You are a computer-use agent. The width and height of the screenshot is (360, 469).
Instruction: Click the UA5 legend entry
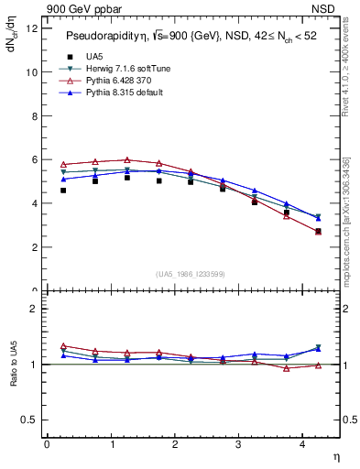(x=93, y=56)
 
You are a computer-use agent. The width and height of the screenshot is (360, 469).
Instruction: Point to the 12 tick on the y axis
(x=31, y=27)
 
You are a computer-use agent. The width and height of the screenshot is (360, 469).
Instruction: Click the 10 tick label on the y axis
(x=31, y=71)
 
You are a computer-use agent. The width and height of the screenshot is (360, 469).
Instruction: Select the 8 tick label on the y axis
(x=34, y=115)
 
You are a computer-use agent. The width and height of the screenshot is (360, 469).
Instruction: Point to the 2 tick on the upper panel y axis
(x=34, y=247)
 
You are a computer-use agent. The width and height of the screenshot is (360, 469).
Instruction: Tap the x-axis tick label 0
(x=47, y=444)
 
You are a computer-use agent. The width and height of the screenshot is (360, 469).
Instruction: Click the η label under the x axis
(x=335, y=457)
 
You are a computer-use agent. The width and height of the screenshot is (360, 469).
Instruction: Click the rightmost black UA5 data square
(x=318, y=232)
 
